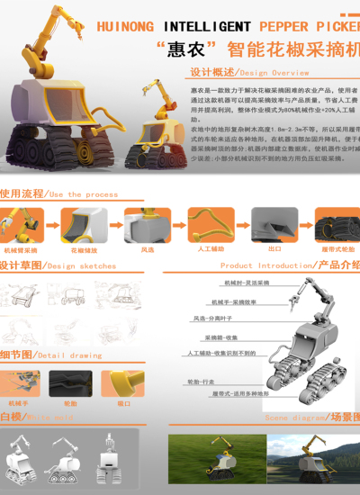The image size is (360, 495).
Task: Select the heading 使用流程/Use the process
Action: coord(58,193)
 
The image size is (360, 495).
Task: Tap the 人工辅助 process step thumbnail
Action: coord(205,223)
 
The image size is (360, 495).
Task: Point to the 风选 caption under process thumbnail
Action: coord(147,249)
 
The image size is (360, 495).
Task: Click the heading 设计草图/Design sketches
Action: coord(58,265)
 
